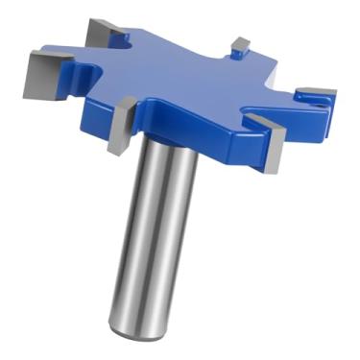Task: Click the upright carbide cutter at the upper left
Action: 100,34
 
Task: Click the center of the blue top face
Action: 182,82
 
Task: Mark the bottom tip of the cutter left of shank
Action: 113,153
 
